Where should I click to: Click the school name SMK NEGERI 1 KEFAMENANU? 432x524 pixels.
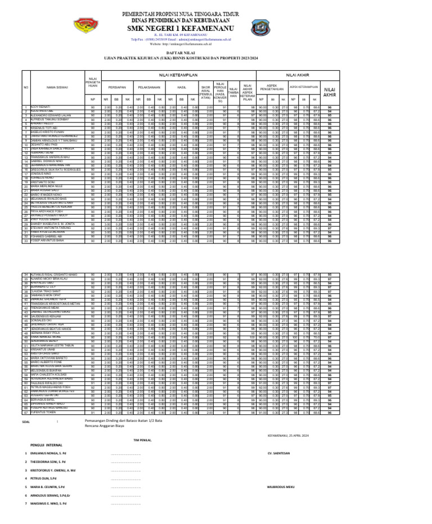215,26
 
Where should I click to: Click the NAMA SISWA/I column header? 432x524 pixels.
58,88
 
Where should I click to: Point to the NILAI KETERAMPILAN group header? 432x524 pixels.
163,74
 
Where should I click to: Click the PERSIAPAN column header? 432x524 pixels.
116,88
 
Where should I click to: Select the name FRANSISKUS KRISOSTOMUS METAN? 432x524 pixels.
55,304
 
